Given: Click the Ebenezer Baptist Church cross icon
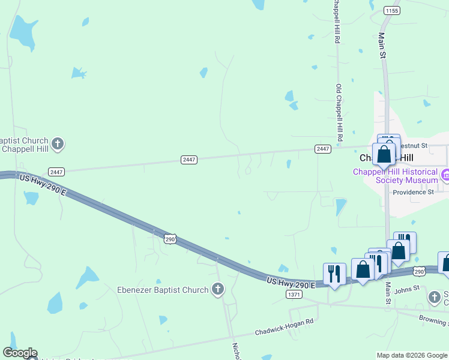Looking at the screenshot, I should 218,290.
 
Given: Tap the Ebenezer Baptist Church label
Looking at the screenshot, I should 162,290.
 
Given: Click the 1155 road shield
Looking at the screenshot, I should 392,11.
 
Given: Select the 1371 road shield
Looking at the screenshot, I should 294,295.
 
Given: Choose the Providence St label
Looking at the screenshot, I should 413,192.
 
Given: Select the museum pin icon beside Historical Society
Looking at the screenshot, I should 445,175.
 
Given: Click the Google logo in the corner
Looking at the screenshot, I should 20,353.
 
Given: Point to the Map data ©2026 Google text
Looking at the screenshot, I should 411,355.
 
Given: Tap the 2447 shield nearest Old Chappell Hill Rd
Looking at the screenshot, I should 322,149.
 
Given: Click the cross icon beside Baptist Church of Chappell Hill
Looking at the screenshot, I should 58,143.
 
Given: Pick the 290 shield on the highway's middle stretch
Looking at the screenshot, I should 170,239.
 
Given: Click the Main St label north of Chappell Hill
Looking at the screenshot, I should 382,45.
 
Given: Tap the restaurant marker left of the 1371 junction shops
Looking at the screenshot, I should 334,274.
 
